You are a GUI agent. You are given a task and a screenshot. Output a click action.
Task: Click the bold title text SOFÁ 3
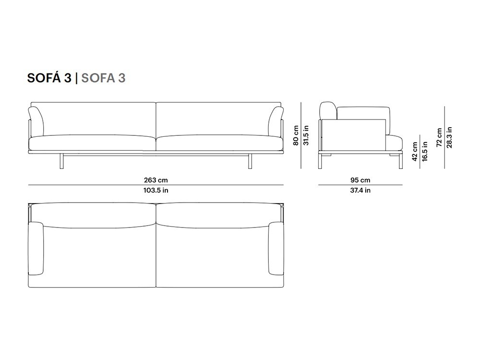49,78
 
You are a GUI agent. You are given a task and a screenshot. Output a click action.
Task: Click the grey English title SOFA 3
104,78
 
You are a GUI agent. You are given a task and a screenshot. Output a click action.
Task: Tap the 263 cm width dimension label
156,180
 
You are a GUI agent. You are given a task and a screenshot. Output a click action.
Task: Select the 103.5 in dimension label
156,190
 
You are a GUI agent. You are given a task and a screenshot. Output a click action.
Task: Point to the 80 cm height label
296,135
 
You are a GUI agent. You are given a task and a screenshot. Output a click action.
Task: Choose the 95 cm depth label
360,180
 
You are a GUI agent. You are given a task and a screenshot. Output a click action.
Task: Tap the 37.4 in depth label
360,190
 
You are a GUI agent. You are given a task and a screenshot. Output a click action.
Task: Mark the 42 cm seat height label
415,152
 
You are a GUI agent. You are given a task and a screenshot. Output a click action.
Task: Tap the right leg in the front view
250,161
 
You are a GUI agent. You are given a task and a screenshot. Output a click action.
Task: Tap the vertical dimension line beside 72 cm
444,137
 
